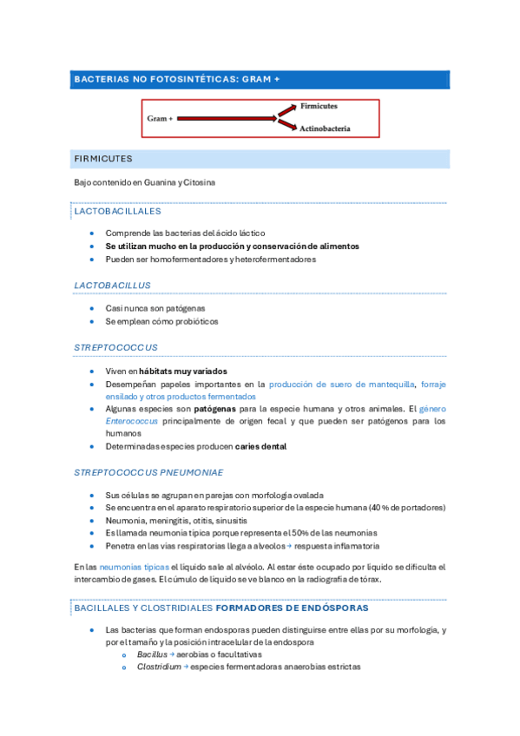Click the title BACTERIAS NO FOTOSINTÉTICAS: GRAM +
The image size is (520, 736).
click(177, 79)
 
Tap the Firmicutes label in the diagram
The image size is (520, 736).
click(319, 106)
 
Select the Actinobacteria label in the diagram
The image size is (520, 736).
click(325, 128)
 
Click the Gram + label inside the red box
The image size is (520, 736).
click(160, 117)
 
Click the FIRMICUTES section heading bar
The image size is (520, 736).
click(104, 159)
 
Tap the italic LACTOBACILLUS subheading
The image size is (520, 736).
click(113, 285)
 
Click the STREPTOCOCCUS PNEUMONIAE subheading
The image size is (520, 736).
click(148, 472)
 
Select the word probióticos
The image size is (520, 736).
click(194, 321)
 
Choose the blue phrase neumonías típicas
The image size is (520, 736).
click(128, 567)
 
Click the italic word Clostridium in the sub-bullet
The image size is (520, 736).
click(159, 667)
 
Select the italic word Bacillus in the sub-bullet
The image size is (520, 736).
click(152, 654)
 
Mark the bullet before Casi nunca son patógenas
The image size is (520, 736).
click(93, 308)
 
